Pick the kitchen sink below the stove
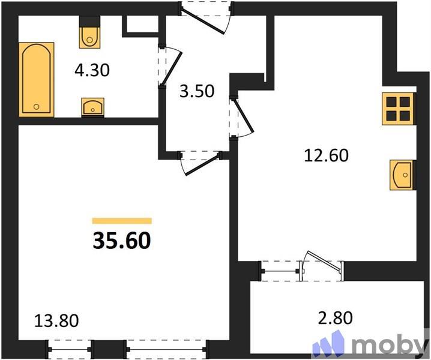click(x=402, y=175)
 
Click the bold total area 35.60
click(x=121, y=241)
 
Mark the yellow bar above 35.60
click(x=121, y=221)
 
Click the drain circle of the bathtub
click(x=36, y=107)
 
